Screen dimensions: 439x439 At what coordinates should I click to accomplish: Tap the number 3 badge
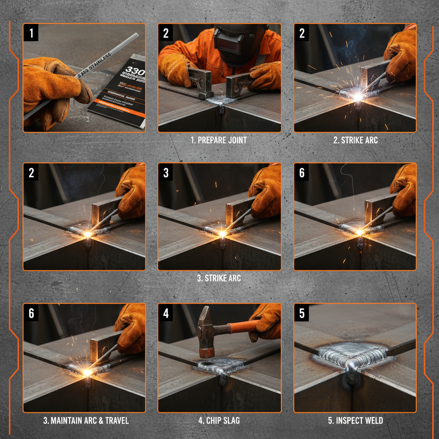[166, 173]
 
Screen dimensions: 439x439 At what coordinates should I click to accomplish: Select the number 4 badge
[166, 313]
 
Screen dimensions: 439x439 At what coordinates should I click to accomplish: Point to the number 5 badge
[302, 313]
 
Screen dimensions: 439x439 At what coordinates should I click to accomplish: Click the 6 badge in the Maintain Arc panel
[31, 313]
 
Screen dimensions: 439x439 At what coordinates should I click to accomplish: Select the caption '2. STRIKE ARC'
[355, 140]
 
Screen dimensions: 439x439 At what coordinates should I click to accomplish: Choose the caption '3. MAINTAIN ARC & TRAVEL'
[86, 420]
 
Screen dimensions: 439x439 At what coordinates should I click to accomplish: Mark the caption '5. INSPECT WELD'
[355, 420]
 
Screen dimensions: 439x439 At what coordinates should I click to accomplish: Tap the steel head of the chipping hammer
[205, 330]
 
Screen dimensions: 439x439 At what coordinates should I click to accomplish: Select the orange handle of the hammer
[242, 327]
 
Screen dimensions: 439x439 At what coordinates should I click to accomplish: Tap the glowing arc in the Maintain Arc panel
[87, 372]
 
